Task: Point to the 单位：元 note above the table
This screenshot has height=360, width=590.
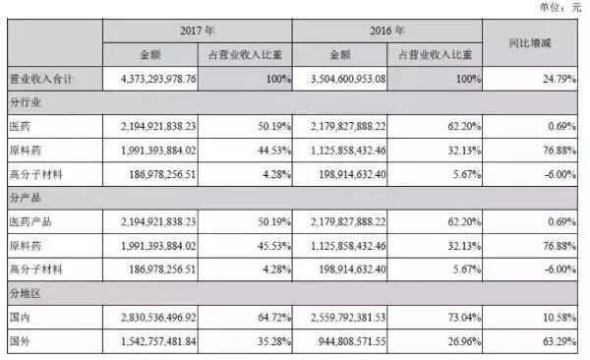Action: (x=560, y=7)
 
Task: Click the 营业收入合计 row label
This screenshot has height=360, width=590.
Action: (x=43, y=77)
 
